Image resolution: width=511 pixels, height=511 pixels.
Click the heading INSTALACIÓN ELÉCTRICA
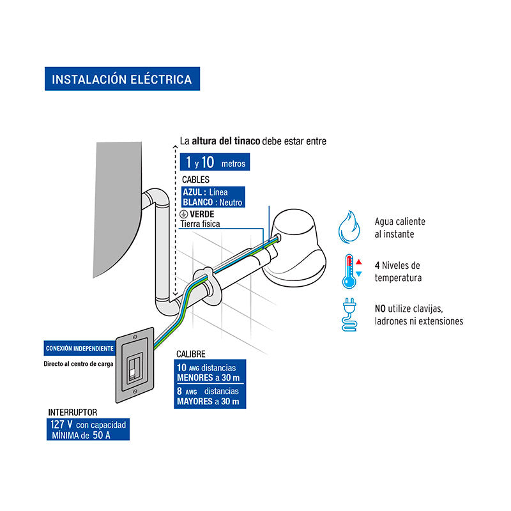121,80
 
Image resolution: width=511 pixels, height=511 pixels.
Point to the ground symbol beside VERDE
183,214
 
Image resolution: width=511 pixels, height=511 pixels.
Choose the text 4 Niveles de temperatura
398,271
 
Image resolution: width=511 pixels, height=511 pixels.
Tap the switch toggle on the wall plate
133,369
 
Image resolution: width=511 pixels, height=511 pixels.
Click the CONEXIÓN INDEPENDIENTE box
79,349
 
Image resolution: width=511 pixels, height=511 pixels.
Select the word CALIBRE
192,353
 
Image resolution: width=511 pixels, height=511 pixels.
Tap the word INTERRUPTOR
73,413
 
